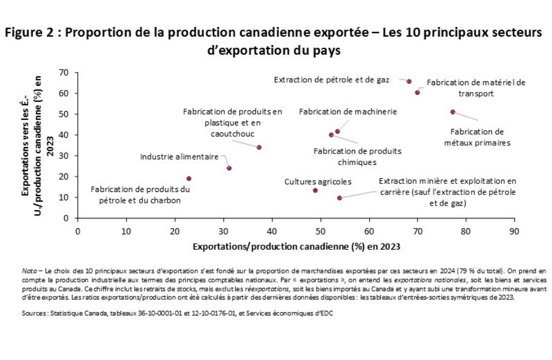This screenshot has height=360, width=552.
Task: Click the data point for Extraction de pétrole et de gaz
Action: pos(409,81)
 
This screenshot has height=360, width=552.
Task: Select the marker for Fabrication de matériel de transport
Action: pos(417,92)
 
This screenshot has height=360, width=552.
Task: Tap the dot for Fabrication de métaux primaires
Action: pos(452,112)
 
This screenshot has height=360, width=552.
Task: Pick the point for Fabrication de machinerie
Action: pos(337,131)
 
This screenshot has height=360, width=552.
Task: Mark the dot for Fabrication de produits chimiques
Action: pos(331,135)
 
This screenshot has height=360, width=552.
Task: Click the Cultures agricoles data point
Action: pos(315,190)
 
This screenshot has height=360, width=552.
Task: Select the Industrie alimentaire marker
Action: pos(229,168)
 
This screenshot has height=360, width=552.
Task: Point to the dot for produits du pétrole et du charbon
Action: pos(188,178)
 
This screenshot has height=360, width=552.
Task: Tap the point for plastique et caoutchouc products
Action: pos(259,147)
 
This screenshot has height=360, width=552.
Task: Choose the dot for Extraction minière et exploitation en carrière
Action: pos(340,197)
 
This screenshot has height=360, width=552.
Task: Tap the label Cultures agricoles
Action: pos(317,181)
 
